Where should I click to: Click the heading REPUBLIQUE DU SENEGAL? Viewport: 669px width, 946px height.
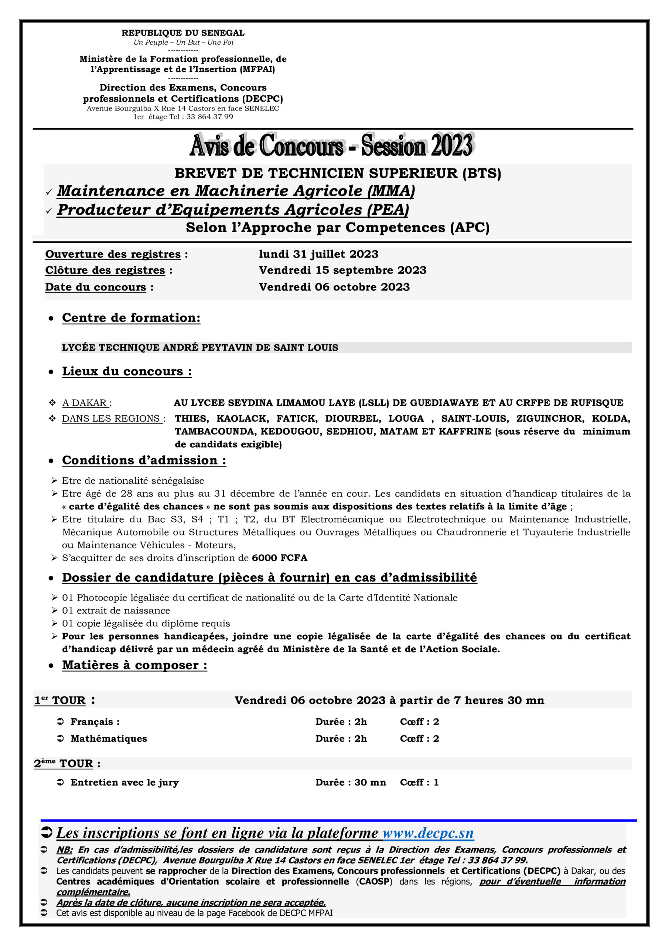pos(183,33)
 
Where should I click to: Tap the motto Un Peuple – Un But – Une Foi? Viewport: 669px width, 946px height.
pos(183,42)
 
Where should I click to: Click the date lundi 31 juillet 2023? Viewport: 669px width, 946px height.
pos(318,254)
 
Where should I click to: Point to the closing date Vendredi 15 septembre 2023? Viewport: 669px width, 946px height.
pos(342,270)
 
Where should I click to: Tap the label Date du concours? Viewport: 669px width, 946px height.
pos(96,287)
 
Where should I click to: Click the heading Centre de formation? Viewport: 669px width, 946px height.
pos(131,318)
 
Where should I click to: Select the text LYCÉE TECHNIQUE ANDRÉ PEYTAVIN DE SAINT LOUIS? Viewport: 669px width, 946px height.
pos(200,348)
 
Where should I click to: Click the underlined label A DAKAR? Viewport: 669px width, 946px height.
pos(85,403)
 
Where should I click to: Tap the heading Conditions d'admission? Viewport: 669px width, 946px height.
pos(144,460)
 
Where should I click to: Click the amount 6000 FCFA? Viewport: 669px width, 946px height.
pos(280,558)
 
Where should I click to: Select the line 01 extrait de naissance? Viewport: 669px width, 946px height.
pos(116,610)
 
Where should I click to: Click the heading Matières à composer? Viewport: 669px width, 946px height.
pos(134,666)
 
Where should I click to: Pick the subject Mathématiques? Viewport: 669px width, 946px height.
pos(109,739)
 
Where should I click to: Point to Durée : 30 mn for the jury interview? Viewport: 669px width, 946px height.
pos(351,782)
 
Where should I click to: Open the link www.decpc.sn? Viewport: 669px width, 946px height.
pos(428,833)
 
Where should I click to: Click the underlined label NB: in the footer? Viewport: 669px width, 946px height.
pos(65,850)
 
